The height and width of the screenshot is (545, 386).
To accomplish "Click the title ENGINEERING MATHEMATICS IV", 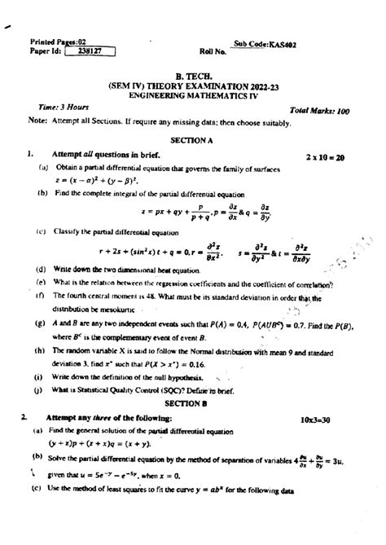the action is click(192, 94).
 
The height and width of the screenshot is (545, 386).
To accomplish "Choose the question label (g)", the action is click(39, 324).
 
